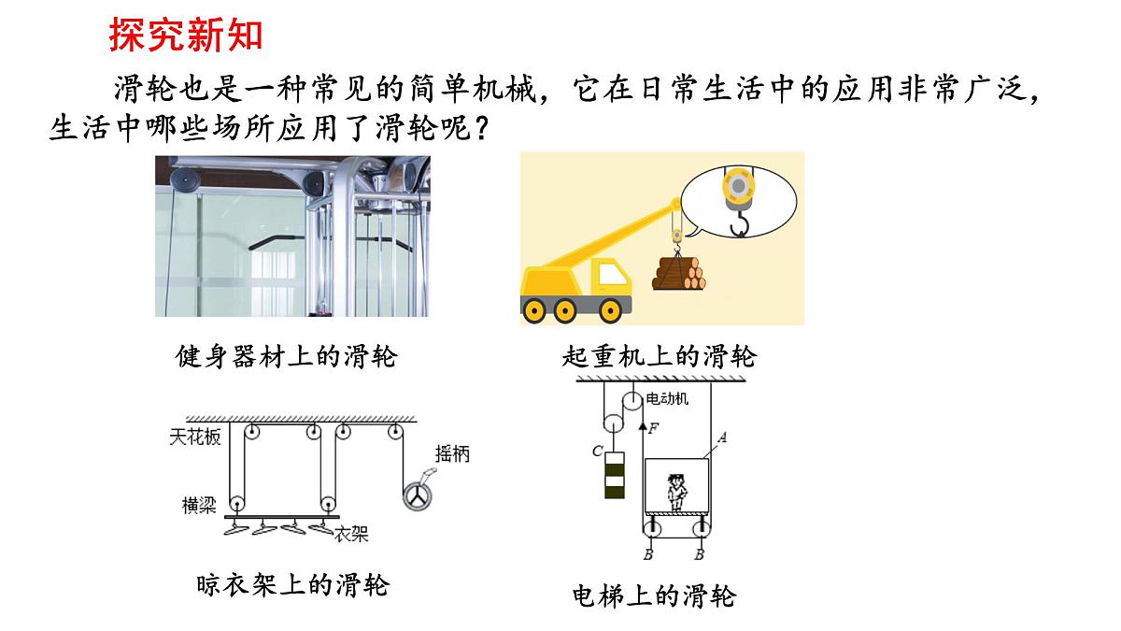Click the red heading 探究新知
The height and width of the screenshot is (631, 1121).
pos(186,35)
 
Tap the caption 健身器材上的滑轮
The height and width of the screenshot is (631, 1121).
pos(286,357)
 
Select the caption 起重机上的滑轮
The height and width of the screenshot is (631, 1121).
pos(660,357)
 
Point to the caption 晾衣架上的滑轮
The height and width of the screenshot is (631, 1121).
pos(292,585)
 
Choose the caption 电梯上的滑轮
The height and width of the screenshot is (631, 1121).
pos(654,596)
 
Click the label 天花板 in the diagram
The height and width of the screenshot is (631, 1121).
pos(194,437)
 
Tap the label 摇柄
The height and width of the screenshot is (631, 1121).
pos(452,454)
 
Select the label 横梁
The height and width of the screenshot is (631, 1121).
pos(199,506)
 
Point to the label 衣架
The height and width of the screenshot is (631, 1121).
pos(351,535)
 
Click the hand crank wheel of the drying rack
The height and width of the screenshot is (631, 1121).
pos(418,496)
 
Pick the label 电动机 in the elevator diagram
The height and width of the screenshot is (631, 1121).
pos(667,398)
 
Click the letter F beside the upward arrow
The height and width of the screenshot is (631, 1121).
pos(653,428)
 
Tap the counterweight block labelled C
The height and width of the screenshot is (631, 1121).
pos(615,475)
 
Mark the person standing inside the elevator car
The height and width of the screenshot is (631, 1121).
pos(676,493)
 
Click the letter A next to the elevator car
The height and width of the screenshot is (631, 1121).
pos(721,438)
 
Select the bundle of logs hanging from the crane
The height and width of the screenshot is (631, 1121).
pos(678,274)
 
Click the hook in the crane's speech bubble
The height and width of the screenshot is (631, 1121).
pos(740,223)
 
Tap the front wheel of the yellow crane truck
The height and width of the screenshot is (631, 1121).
pos(611,311)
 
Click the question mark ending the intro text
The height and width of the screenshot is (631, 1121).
pos(481,129)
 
